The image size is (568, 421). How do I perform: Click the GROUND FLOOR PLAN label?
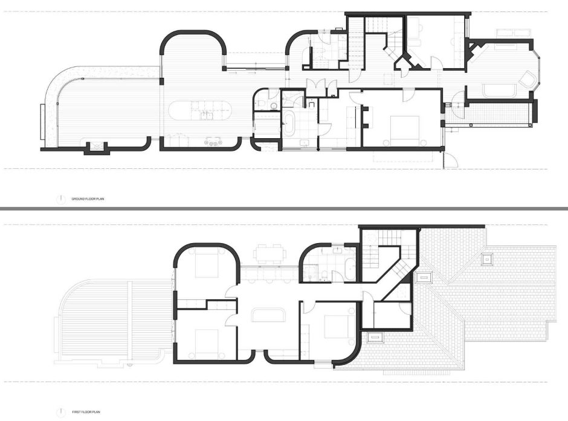[x=85, y=198]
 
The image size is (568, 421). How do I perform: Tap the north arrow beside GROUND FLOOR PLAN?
[x=60, y=198]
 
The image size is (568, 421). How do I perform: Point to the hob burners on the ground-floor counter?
[x=214, y=142]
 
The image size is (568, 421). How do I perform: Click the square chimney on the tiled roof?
[x=486, y=260]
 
